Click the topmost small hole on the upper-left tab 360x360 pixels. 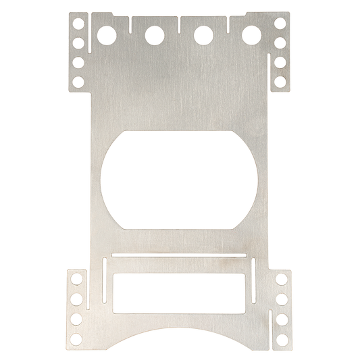tap(78, 23)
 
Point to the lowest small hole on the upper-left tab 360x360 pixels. tap(78, 82)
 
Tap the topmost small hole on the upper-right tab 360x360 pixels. tap(280, 23)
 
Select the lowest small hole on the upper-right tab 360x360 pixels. tap(280, 82)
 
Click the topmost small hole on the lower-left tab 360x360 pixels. tap(76, 278)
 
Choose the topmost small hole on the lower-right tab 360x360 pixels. tap(283, 278)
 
